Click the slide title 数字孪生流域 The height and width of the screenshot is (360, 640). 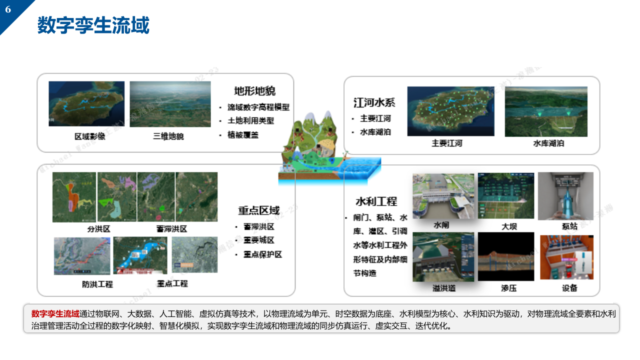[x=93, y=25]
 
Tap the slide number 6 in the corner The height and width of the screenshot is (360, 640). [x=8, y=9]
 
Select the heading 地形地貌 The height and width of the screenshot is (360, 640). [x=255, y=91]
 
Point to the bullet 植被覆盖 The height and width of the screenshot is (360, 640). [x=243, y=135]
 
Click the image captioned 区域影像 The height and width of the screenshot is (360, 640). [x=86, y=103]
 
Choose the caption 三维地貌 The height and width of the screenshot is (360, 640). [x=168, y=136]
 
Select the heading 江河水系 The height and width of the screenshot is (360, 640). [x=374, y=102]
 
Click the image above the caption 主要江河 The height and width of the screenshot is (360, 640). [x=447, y=110]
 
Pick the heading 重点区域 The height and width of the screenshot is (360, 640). [x=258, y=210]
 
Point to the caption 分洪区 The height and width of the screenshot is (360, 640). [x=98, y=229]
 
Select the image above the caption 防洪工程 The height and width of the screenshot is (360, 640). [x=82, y=255]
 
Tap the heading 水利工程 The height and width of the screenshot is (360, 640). [x=376, y=201]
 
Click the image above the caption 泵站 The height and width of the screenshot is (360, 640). [x=565, y=196]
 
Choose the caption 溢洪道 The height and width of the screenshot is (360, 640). [x=444, y=288]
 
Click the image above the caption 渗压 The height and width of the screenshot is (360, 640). [x=505, y=256]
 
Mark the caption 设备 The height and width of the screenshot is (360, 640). [x=569, y=288]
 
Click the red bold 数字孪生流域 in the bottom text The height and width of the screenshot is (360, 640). [x=55, y=314]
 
